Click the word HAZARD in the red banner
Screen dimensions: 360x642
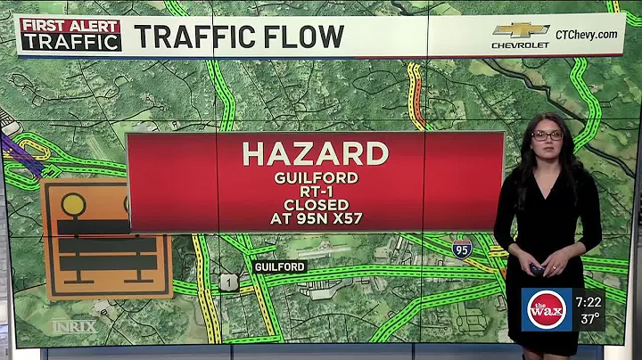tap(315, 153)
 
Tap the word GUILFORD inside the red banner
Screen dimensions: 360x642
tap(315, 177)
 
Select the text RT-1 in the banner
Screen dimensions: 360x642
tap(315, 190)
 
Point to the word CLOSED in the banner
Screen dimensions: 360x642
tap(315, 203)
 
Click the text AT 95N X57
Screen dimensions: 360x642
tap(315, 217)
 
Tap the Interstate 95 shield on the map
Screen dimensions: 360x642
tap(462, 248)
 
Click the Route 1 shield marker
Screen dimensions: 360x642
tap(229, 282)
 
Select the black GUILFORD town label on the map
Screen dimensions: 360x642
tap(280, 266)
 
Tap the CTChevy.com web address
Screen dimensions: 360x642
tap(586, 34)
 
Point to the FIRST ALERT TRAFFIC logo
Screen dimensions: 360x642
tap(70, 34)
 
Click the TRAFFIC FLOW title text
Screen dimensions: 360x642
tap(239, 37)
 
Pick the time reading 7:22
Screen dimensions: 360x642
tap(588, 302)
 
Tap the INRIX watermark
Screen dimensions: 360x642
tap(73, 326)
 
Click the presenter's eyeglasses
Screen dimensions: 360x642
tap(547, 135)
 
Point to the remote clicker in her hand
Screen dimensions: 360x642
tap(538, 268)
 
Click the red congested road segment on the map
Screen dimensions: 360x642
tap(416, 94)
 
